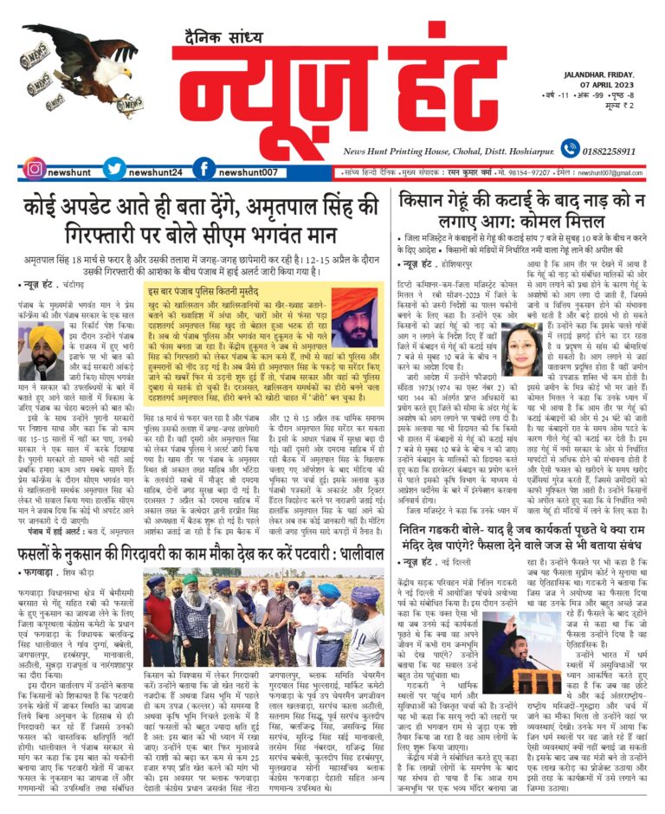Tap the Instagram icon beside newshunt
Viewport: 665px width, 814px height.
coord(35,170)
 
